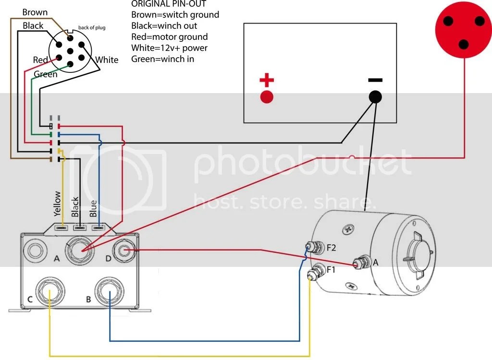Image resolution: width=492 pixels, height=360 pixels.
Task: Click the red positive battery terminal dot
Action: pos(267,96)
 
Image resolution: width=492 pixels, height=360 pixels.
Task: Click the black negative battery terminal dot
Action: pos(375,97)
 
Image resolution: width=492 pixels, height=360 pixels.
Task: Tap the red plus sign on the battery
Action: pos(267,80)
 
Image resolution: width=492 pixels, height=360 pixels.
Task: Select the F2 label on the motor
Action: pos(331,248)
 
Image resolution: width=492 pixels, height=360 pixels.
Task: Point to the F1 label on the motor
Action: pos(331,269)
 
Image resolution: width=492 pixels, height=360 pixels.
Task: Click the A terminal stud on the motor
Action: pos(360,262)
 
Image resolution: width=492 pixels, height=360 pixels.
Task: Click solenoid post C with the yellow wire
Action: pos(50,291)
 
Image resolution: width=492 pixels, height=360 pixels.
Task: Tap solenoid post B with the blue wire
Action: pos(110,291)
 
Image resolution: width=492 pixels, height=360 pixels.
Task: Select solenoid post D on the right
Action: pos(124,250)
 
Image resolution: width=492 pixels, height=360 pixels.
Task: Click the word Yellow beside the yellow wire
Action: pos(57,204)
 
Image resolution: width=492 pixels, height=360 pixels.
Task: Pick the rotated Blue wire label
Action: pos(93,208)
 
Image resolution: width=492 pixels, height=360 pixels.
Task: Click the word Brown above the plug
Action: pos(35,12)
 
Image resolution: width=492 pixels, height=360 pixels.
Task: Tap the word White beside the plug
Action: pos(107,60)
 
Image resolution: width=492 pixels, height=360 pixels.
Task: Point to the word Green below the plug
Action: pos(46,74)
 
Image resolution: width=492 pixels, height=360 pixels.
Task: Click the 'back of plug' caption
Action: pos(92,27)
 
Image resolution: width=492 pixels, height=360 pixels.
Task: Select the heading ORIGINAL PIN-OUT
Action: pos(169,4)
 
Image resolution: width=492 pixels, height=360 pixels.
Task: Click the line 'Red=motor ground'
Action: pos(170,37)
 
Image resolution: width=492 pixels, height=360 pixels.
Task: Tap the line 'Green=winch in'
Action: pos(162,59)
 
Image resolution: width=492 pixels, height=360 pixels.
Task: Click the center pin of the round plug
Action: pos(70,51)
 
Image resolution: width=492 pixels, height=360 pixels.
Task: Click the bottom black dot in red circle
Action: pos(464,44)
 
